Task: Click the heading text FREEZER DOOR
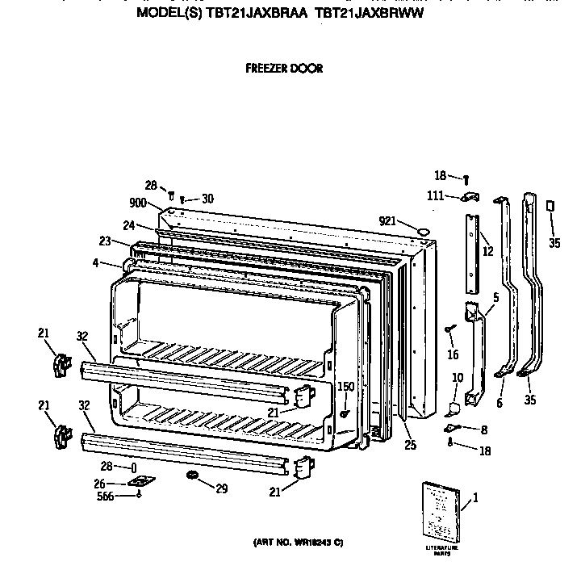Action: (x=284, y=69)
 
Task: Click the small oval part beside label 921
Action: (x=420, y=233)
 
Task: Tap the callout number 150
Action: (x=345, y=388)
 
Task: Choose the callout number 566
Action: (x=105, y=496)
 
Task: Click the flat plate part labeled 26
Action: (x=142, y=483)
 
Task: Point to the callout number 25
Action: (x=411, y=444)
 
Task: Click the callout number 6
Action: (x=499, y=402)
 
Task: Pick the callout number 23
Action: (x=104, y=240)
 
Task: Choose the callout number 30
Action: (x=207, y=199)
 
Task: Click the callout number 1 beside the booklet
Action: (x=475, y=497)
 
